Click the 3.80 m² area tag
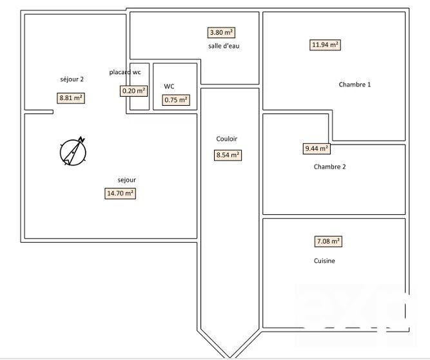click(221, 32)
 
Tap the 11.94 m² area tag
click(326, 45)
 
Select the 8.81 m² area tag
click(71, 99)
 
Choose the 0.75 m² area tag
click(175, 100)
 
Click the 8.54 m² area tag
click(228, 155)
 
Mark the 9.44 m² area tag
click(317, 148)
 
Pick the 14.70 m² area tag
click(120, 193)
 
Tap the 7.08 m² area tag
click(328, 242)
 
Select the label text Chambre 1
click(355, 85)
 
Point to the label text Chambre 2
click(329, 166)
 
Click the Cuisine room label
click(324, 261)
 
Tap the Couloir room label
click(227, 139)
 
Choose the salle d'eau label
click(224, 46)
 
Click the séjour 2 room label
click(72, 79)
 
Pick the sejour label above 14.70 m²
click(126, 180)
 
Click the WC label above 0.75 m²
click(169, 86)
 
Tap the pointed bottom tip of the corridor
click(228, 355)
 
